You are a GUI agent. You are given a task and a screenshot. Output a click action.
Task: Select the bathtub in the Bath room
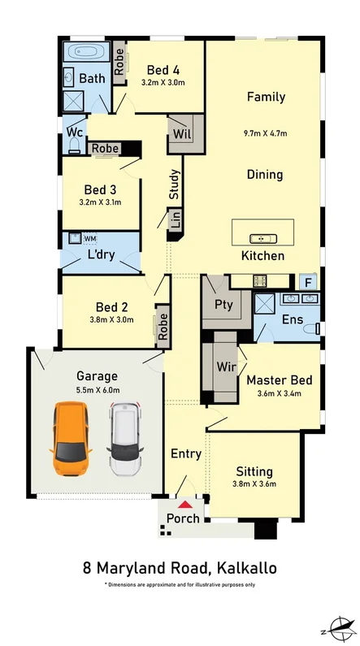pos(85,51)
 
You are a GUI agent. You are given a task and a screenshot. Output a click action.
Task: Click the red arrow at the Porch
pos(184,505)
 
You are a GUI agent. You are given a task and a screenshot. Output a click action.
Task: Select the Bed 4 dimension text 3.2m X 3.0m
pos(163,82)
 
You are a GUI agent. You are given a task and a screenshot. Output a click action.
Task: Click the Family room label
pos(266,98)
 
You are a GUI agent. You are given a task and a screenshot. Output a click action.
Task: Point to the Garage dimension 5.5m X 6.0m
pos(97,390)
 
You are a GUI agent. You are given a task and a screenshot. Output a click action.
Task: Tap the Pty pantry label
pos(223,305)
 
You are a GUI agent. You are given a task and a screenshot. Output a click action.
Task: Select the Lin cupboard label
pos(173,220)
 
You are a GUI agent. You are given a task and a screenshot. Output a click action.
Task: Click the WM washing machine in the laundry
pos(89,238)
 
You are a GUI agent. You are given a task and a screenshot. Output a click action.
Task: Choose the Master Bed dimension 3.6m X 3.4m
pos(273,395)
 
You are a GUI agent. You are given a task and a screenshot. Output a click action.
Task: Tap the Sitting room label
pos(254,471)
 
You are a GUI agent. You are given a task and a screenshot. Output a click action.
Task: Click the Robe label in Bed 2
pos(163,326)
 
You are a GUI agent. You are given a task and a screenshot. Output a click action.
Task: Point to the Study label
pos(174,184)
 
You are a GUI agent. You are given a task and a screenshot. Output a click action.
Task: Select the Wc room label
pos(74,132)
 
